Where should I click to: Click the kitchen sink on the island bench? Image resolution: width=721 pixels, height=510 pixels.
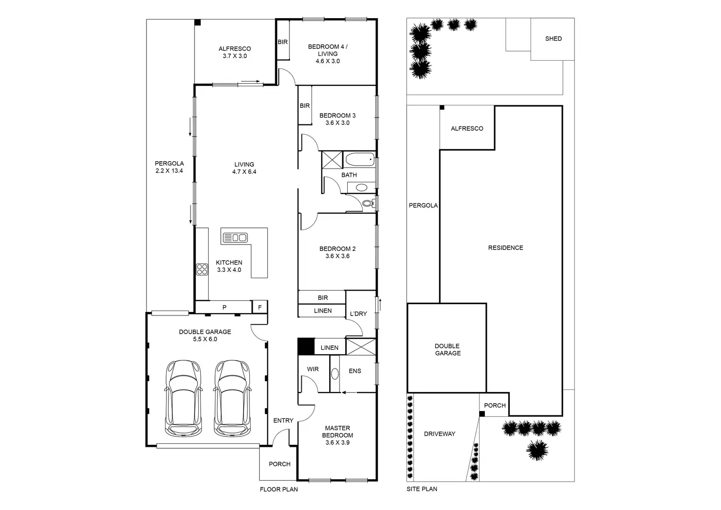pyautogui.click(x=235, y=238)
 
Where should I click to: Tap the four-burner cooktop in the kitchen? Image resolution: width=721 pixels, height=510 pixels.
pyautogui.click(x=202, y=269)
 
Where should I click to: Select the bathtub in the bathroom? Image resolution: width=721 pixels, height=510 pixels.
pyautogui.click(x=360, y=159)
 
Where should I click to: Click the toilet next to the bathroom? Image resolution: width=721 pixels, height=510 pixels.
pyautogui.click(x=369, y=203)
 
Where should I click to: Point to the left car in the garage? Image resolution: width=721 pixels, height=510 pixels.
pyautogui.click(x=184, y=398)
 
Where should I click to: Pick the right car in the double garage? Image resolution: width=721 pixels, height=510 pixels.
pyautogui.click(x=232, y=398)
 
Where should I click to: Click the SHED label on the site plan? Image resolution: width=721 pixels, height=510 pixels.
pyautogui.click(x=553, y=39)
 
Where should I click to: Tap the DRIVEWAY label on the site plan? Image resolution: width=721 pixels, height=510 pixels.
pyautogui.click(x=439, y=434)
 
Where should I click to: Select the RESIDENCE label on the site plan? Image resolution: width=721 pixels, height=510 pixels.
pyautogui.click(x=505, y=247)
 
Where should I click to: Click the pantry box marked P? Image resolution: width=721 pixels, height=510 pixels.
pyautogui.click(x=224, y=307)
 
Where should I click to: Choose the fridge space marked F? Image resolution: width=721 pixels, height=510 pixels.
pyautogui.click(x=260, y=307)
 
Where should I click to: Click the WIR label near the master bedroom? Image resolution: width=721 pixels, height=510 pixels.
pyautogui.click(x=312, y=369)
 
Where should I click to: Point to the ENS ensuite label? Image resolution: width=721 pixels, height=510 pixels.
pyautogui.click(x=355, y=371)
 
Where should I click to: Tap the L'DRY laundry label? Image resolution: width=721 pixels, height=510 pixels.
pyautogui.click(x=358, y=314)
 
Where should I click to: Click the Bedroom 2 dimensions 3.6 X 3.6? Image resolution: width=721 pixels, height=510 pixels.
pyautogui.click(x=337, y=256)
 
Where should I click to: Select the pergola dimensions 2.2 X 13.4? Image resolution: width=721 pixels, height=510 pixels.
pyautogui.click(x=169, y=170)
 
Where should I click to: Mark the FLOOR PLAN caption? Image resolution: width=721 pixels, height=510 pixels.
pyautogui.click(x=279, y=489)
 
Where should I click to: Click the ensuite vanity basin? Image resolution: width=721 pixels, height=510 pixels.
pyautogui.click(x=335, y=374)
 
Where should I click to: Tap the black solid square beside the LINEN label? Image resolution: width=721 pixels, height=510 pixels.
pyautogui.click(x=306, y=346)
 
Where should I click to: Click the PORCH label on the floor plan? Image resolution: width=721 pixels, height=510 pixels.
pyautogui.click(x=279, y=464)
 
